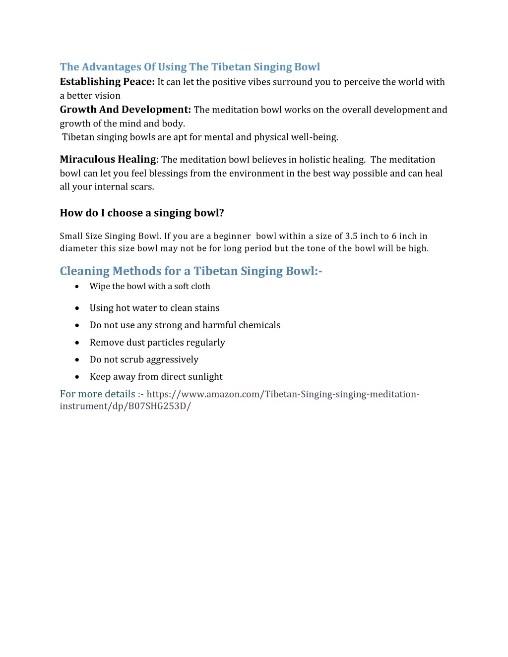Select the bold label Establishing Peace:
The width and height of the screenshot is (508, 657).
point(107,82)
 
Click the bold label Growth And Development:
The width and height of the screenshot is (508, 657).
point(125,110)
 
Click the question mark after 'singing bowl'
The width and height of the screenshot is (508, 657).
point(221,213)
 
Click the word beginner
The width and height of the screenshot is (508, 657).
point(232,236)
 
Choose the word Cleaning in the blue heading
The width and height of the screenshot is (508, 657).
point(84,271)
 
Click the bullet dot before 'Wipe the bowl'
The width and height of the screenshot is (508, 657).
point(77,287)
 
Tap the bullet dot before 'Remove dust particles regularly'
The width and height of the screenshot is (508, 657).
point(77,343)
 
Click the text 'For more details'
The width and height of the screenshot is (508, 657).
point(98,394)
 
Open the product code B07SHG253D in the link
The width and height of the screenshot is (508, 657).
point(157,406)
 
